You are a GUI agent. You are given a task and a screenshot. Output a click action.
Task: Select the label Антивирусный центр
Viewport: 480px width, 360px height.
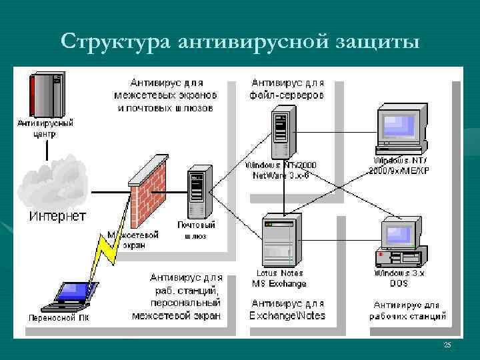click(45, 128)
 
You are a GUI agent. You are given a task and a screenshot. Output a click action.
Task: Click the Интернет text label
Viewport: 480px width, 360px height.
click(57, 216)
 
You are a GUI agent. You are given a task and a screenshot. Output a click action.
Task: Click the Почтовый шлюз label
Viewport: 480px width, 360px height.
click(195, 230)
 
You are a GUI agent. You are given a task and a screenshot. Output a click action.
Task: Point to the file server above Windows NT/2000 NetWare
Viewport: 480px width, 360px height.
click(281, 133)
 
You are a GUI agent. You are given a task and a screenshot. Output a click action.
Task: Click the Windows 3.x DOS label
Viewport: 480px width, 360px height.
click(399, 278)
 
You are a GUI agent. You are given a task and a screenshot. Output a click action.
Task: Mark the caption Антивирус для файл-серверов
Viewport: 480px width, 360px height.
click(287, 89)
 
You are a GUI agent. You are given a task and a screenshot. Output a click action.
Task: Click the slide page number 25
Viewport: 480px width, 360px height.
click(447, 345)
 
